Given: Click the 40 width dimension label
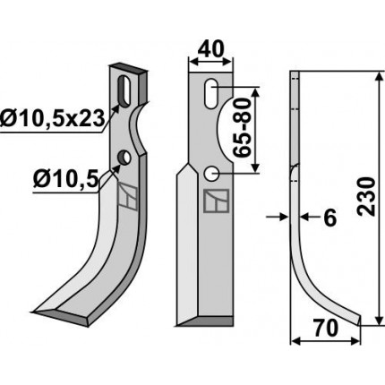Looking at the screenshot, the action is point(210,49).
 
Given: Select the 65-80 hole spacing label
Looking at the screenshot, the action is point(241,128).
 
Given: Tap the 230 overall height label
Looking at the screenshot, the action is point(367,196).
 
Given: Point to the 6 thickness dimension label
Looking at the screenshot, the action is point(330,218).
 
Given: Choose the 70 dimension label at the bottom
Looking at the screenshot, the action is point(325,328).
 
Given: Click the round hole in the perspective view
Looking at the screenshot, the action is point(124,158).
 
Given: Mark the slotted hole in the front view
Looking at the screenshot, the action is point(211,94).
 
